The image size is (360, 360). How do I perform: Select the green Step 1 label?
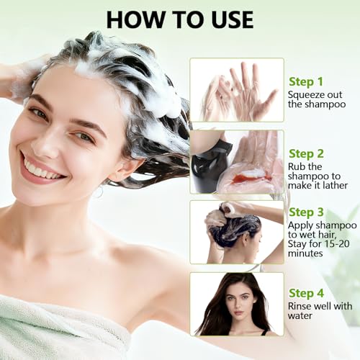[x=306, y=81]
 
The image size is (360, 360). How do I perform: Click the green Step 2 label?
[x=306, y=153]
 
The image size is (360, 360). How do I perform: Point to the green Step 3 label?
[x=306, y=212]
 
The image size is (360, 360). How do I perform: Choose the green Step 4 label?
[x=306, y=293]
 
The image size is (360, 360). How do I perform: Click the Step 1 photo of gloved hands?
[x=236, y=90]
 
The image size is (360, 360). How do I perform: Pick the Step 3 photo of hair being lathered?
[x=236, y=232]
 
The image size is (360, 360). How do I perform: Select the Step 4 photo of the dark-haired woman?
[x=236, y=303]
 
